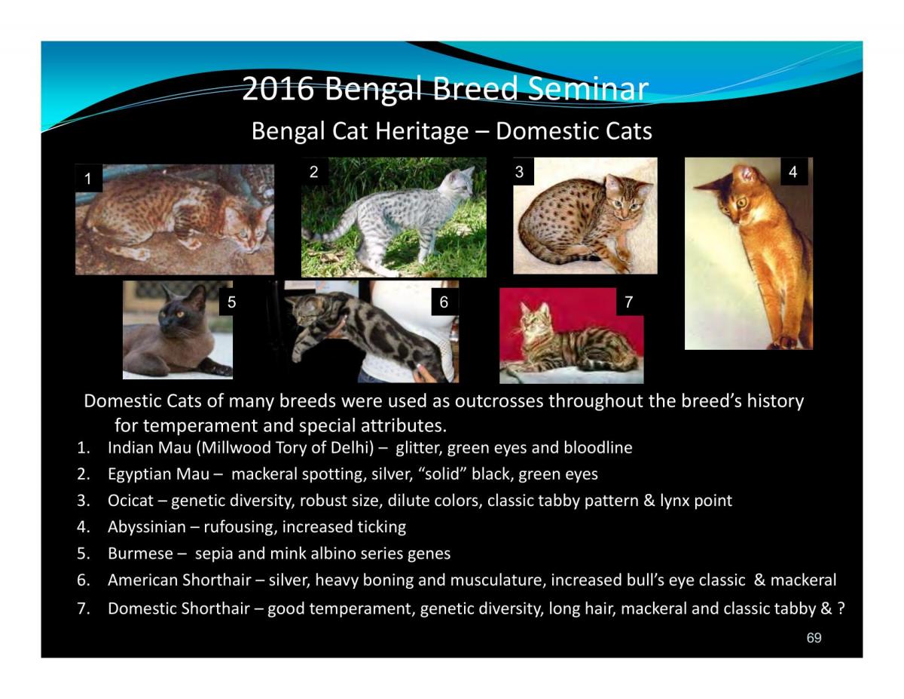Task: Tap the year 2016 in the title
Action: [x=277, y=90]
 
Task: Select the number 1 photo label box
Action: [x=87, y=179]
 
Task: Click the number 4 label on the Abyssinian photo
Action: [x=793, y=173]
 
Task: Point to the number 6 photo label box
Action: [x=444, y=302]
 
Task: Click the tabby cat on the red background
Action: [x=573, y=343]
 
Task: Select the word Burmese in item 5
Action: [x=141, y=553]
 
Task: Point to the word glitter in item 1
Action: [x=419, y=448]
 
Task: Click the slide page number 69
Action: [x=814, y=639]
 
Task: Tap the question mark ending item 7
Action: [x=840, y=609]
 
